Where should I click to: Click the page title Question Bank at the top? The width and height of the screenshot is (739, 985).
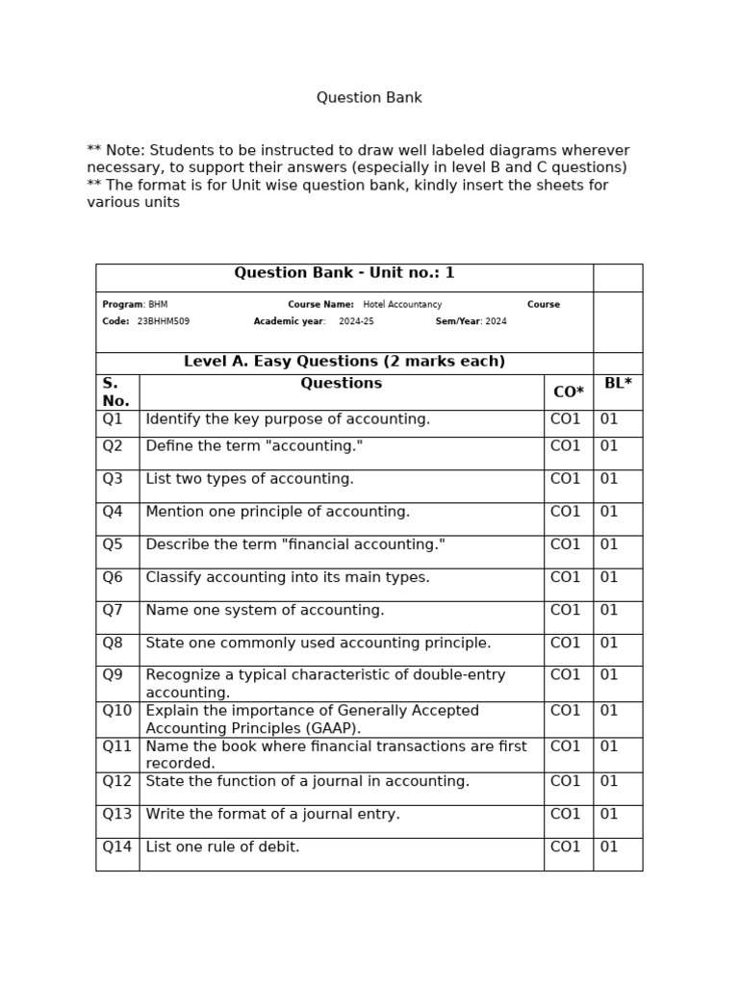point(369,98)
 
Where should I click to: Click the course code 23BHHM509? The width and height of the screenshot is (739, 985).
point(164,321)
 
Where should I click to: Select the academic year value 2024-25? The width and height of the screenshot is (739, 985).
point(356,321)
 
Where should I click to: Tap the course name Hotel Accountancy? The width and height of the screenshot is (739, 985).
point(402,305)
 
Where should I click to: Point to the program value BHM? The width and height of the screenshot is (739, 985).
point(158,305)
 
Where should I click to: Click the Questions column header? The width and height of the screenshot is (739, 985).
point(341,383)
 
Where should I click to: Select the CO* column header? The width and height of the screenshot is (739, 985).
point(568,392)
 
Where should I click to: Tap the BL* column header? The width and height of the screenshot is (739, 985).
point(618,383)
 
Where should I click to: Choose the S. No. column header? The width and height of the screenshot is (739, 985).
point(115,391)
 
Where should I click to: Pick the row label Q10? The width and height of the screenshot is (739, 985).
point(116,711)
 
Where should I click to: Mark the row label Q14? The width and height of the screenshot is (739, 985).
point(116,847)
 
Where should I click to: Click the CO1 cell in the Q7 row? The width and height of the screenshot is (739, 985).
point(566,610)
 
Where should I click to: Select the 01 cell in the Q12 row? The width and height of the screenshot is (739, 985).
point(609,781)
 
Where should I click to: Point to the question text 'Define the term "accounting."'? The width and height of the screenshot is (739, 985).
point(254,446)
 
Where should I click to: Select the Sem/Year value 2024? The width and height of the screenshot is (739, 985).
point(496,321)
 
